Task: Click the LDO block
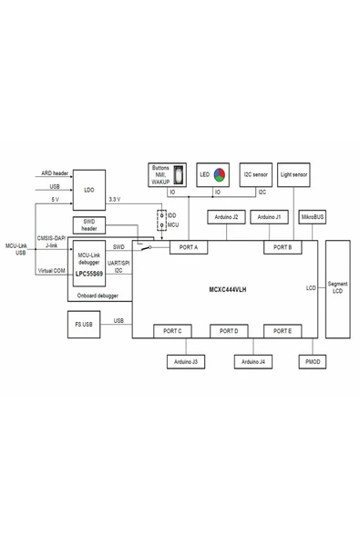pos(88,188)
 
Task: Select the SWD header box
pos(88,226)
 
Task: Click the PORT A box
pos(190,247)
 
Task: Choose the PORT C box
pos(173,330)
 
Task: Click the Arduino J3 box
pos(188,362)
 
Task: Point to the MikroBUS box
pos(313,217)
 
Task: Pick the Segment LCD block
pos(337,289)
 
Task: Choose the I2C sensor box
pos(255,173)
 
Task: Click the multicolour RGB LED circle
pos(220,174)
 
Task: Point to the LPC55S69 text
pos(89,273)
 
